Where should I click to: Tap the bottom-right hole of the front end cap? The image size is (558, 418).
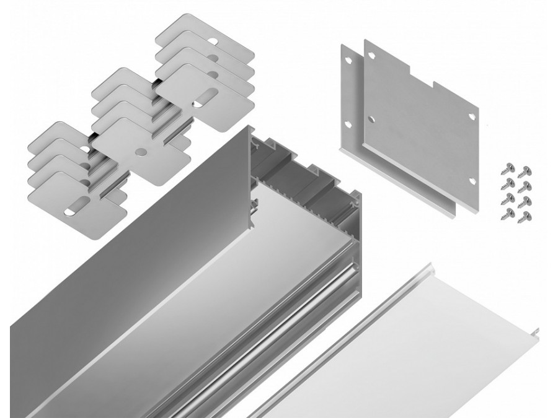(x=472, y=181)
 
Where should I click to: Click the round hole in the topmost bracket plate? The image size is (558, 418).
(x=214, y=41)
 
